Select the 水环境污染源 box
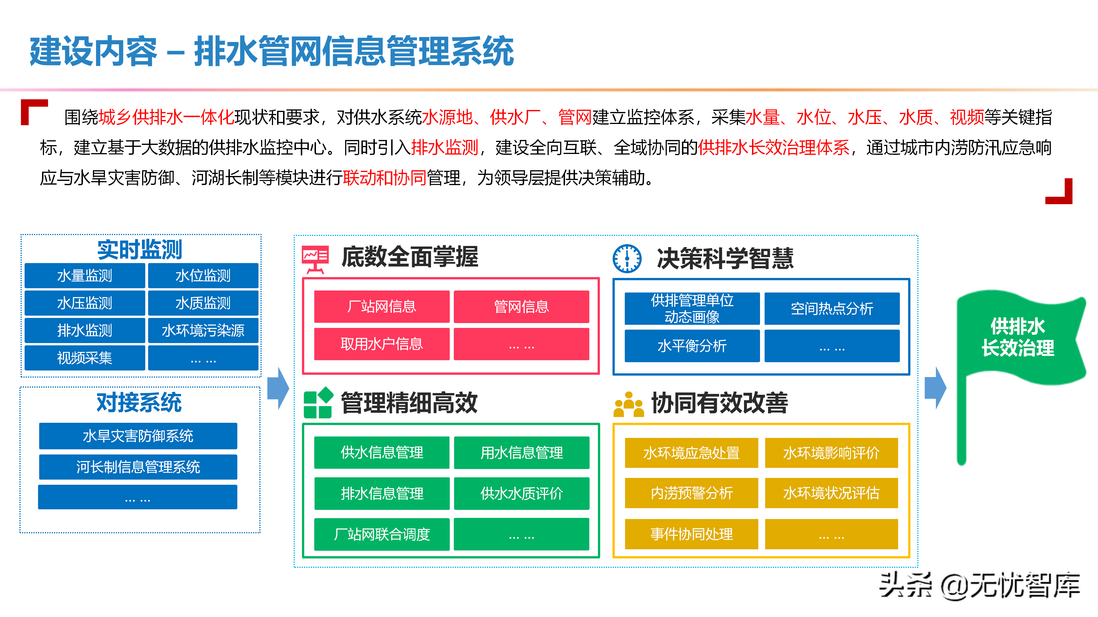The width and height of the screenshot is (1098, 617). click(x=203, y=330)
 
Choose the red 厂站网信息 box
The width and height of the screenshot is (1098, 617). click(x=381, y=307)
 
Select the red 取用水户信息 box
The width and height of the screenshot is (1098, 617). click(x=381, y=344)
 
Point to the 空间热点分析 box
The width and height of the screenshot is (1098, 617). click(x=832, y=308)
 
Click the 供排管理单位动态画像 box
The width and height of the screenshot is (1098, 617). click(x=692, y=308)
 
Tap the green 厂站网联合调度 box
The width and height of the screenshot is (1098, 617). click(x=381, y=534)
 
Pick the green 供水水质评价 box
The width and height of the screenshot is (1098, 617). click(x=521, y=493)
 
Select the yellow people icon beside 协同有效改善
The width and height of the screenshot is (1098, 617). click(x=628, y=404)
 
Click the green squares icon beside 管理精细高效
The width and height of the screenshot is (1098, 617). click(x=318, y=403)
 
